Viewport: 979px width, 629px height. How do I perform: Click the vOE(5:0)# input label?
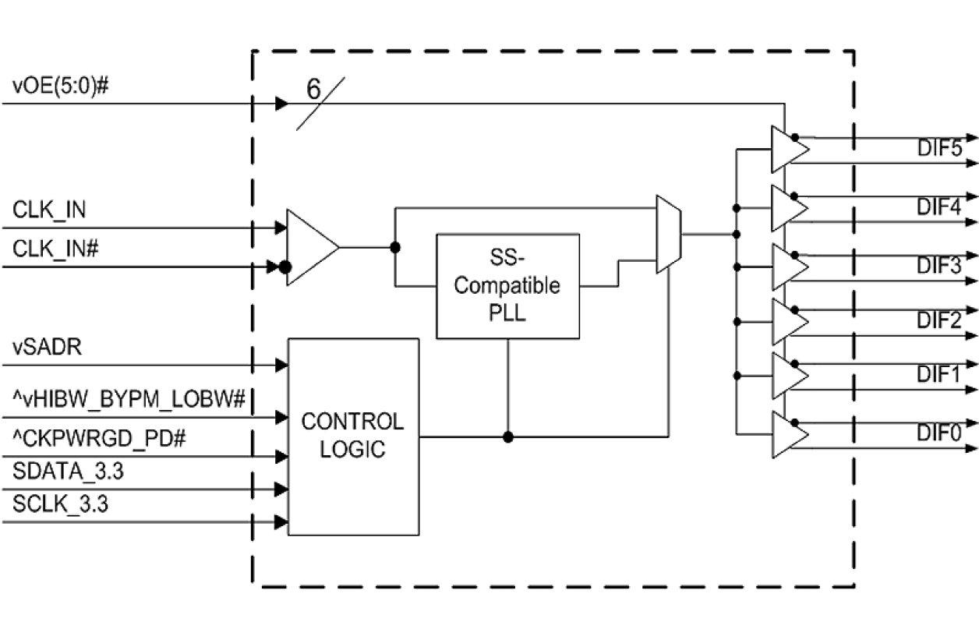click(59, 87)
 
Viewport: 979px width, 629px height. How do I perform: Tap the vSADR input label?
click(48, 347)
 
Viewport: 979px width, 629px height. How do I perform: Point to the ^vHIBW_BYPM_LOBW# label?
click(129, 400)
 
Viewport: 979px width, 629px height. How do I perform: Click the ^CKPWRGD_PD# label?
click(98, 440)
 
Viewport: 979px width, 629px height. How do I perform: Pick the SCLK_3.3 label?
click(60, 504)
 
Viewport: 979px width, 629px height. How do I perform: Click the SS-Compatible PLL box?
click(507, 285)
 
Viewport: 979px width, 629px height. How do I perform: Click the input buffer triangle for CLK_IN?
click(310, 247)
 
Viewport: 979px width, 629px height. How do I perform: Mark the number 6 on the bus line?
click(313, 90)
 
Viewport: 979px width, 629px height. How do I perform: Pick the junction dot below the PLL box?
click(508, 437)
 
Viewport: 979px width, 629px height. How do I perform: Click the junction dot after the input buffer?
click(396, 247)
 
